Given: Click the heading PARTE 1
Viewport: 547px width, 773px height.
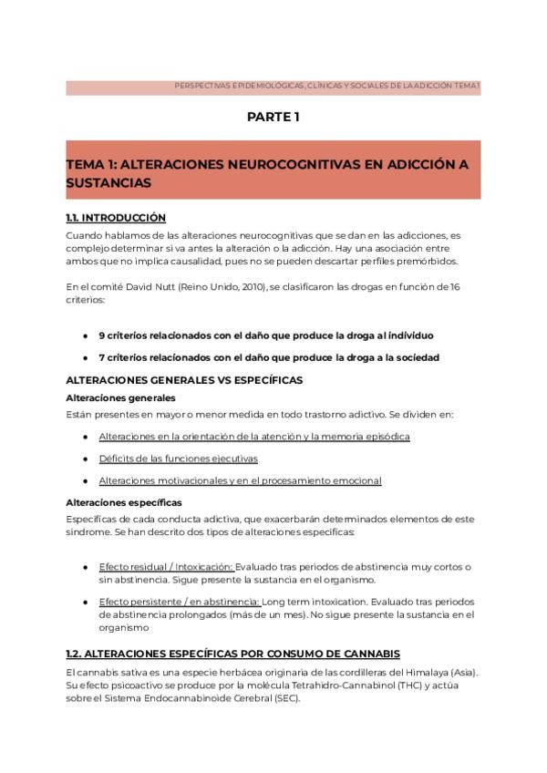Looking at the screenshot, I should coord(273,117).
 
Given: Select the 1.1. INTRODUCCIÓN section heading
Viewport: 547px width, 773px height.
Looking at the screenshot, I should coord(116,218).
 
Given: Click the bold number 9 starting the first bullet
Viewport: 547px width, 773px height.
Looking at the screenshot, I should coord(101,335).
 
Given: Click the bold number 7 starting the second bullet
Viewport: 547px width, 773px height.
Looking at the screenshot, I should coord(101,357).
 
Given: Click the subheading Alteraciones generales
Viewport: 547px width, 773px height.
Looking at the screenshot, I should coord(121,398).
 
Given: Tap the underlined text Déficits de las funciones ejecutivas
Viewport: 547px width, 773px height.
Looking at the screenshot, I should coord(179,459).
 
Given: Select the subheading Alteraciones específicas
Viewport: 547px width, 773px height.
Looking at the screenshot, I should coord(124,502).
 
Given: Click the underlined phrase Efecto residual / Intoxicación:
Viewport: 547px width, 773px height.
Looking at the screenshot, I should coord(166,567).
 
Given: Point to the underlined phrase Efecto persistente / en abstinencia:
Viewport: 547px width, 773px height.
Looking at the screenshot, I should coord(180,603).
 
